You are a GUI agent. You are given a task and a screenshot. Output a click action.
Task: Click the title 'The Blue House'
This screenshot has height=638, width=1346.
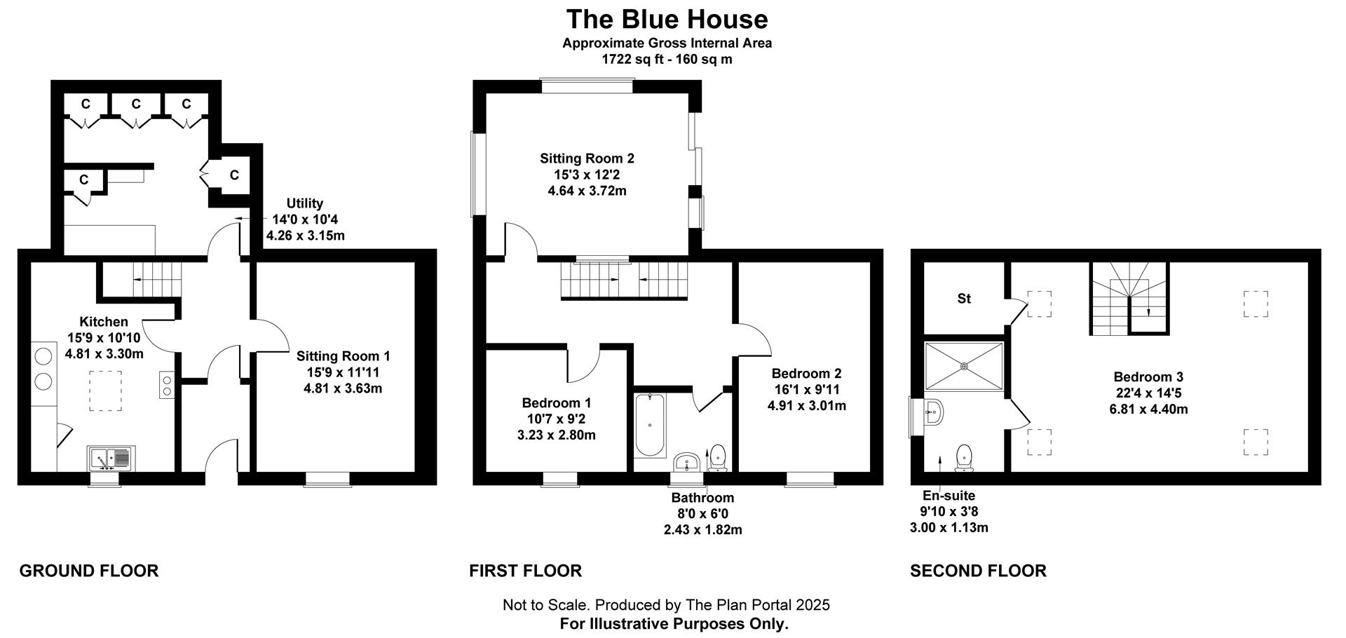[x=667, y=19]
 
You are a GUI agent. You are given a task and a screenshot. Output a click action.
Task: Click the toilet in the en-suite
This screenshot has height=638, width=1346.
[x=965, y=457]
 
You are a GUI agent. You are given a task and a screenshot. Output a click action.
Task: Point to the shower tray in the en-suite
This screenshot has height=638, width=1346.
[x=964, y=366]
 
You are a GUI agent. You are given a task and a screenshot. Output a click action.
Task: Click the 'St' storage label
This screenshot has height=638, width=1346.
[x=964, y=299]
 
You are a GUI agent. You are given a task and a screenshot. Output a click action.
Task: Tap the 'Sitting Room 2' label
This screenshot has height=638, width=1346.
[x=587, y=159]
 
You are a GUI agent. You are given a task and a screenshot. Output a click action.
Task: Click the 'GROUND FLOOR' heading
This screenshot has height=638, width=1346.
[x=89, y=571]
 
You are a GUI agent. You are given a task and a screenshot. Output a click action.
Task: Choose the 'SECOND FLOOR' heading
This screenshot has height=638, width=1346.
[x=978, y=571]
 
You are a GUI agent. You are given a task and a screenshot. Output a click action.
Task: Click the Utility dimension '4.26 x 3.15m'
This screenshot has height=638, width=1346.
[x=306, y=236]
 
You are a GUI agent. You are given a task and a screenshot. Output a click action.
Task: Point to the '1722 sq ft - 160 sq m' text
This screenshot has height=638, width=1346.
[x=667, y=60]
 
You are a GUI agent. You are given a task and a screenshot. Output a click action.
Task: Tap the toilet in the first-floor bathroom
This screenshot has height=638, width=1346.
[x=718, y=457]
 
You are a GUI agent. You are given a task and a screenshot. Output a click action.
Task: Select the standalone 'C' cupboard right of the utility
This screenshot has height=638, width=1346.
[x=234, y=175]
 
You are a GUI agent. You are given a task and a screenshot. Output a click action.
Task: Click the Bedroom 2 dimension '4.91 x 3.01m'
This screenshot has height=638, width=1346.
[x=807, y=406]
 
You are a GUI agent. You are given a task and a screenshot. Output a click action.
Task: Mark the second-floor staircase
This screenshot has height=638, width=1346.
[x=1129, y=297]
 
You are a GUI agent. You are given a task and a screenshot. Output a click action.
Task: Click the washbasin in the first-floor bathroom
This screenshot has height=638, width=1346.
[x=687, y=462]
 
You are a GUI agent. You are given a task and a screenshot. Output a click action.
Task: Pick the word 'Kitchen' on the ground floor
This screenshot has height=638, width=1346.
[x=104, y=322]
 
